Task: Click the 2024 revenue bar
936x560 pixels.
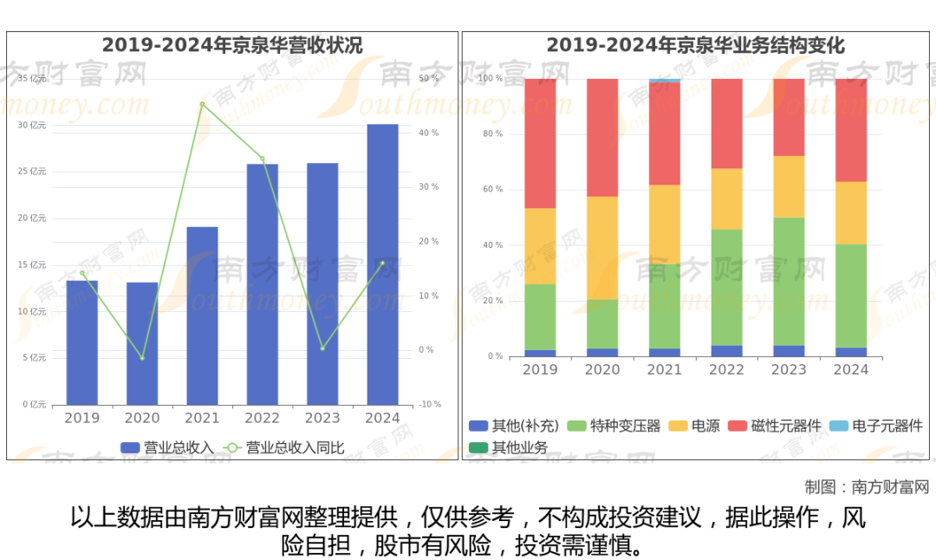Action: [382, 264]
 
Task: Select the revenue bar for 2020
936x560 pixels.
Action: [142, 343]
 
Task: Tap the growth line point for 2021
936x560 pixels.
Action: [202, 104]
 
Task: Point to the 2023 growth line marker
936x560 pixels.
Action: [322, 348]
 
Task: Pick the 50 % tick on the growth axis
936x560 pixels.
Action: [429, 79]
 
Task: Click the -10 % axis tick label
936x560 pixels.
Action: [431, 405]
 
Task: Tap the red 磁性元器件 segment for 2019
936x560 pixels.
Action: [540, 143]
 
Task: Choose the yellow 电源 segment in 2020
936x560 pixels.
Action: [602, 248]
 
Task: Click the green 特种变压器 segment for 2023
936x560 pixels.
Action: [789, 281]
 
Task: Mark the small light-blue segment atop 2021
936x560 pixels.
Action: [665, 81]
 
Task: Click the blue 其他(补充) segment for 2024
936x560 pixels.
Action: [851, 352]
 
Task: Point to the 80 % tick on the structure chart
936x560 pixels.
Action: [492, 134]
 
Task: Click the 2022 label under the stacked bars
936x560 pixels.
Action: [726, 370]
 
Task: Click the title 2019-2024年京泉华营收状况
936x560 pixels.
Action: [232, 46]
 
